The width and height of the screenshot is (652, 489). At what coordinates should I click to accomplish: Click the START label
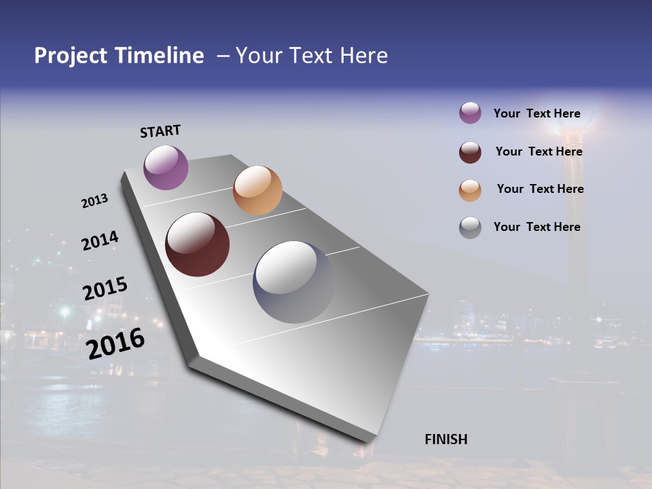click(161, 131)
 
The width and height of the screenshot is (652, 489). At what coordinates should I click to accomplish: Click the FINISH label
click(446, 439)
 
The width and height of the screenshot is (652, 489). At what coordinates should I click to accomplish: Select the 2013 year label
click(94, 201)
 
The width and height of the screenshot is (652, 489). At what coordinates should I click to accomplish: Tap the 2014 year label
click(100, 240)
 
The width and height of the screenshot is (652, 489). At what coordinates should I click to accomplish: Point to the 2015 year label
click(105, 288)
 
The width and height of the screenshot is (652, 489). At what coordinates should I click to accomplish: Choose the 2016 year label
click(115, 343)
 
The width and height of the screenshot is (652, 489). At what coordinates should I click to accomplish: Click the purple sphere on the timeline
click(166, 167)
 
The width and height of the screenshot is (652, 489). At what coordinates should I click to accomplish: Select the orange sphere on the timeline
click(257, 190)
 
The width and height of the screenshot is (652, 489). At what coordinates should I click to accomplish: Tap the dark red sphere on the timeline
click(197, 244)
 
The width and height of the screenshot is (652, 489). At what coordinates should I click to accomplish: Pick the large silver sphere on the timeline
click(293, 281)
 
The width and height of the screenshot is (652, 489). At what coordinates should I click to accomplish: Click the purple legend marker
click(470, 113)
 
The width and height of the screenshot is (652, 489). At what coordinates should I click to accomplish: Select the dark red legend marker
click(470, 152)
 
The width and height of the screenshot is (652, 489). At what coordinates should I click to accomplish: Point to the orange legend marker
click(470, 190)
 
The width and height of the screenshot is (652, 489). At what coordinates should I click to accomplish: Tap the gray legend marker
click(470, 228)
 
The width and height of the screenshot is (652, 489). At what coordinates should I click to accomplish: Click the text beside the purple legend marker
click(537, 114)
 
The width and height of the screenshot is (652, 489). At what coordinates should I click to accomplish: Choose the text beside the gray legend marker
click(537, 227)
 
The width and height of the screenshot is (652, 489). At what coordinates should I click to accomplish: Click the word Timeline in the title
click(160, 56)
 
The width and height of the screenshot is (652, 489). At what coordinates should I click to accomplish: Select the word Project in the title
click(71, 56)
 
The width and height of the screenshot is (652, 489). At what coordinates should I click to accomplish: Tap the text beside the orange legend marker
click(540, 189)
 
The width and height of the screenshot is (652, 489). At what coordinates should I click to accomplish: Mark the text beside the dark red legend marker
click(539, 151)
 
